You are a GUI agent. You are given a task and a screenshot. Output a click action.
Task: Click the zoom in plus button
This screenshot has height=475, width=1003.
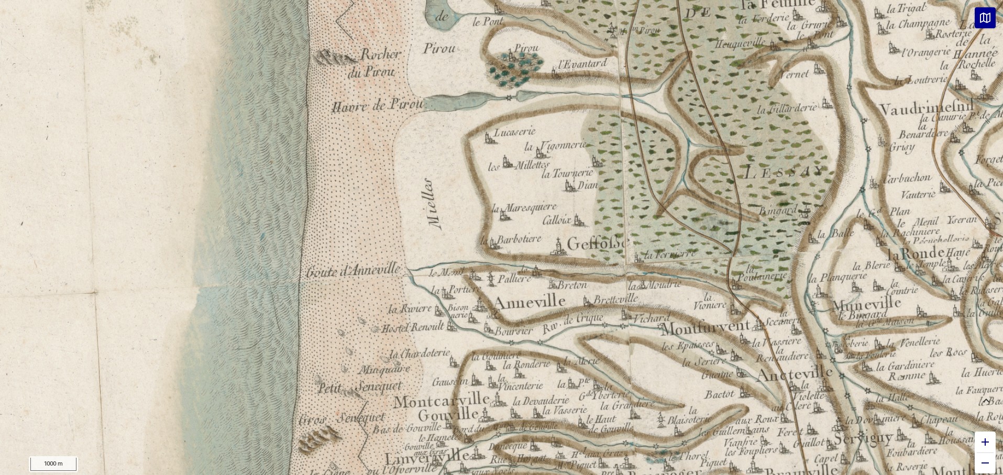[x=985, y=442]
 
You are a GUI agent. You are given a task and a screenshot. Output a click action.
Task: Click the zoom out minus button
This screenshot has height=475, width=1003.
[x=985, y=463]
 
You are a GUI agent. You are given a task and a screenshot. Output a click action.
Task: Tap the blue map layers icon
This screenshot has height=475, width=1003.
[x=985, y=18]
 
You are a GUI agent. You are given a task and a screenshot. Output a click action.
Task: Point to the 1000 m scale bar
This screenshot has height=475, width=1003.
[x=53, y=463]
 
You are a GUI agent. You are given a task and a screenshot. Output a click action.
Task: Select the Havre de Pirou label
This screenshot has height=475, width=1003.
[x=377, y=105]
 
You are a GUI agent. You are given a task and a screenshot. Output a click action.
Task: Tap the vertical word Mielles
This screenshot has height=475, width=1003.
[x=434, y=203]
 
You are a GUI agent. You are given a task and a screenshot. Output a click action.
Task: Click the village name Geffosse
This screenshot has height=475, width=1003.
[x=598, y=243]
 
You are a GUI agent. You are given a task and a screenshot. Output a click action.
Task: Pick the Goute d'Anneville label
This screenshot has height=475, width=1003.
[x=354, y=271]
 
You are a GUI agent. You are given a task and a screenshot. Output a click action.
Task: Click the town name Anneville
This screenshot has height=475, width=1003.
[x=529, y=302]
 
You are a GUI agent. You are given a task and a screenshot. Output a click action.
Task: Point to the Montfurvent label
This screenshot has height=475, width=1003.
[x=705, y=327]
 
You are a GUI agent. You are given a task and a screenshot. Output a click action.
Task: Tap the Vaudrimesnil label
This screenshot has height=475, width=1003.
[x=925, y=108]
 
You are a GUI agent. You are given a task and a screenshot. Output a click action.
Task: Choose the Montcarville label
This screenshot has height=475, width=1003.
[x=441, y=401]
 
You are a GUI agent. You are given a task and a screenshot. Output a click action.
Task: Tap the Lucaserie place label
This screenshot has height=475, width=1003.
[x=514, y=132]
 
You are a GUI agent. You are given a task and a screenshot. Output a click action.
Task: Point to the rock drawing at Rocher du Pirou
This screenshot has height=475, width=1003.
[x=334, y=58]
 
